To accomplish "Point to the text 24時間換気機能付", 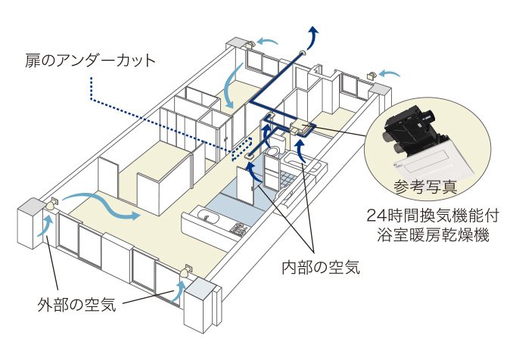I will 430,213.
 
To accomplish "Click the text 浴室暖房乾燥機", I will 430,234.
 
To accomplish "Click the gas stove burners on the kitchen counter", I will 238,228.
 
